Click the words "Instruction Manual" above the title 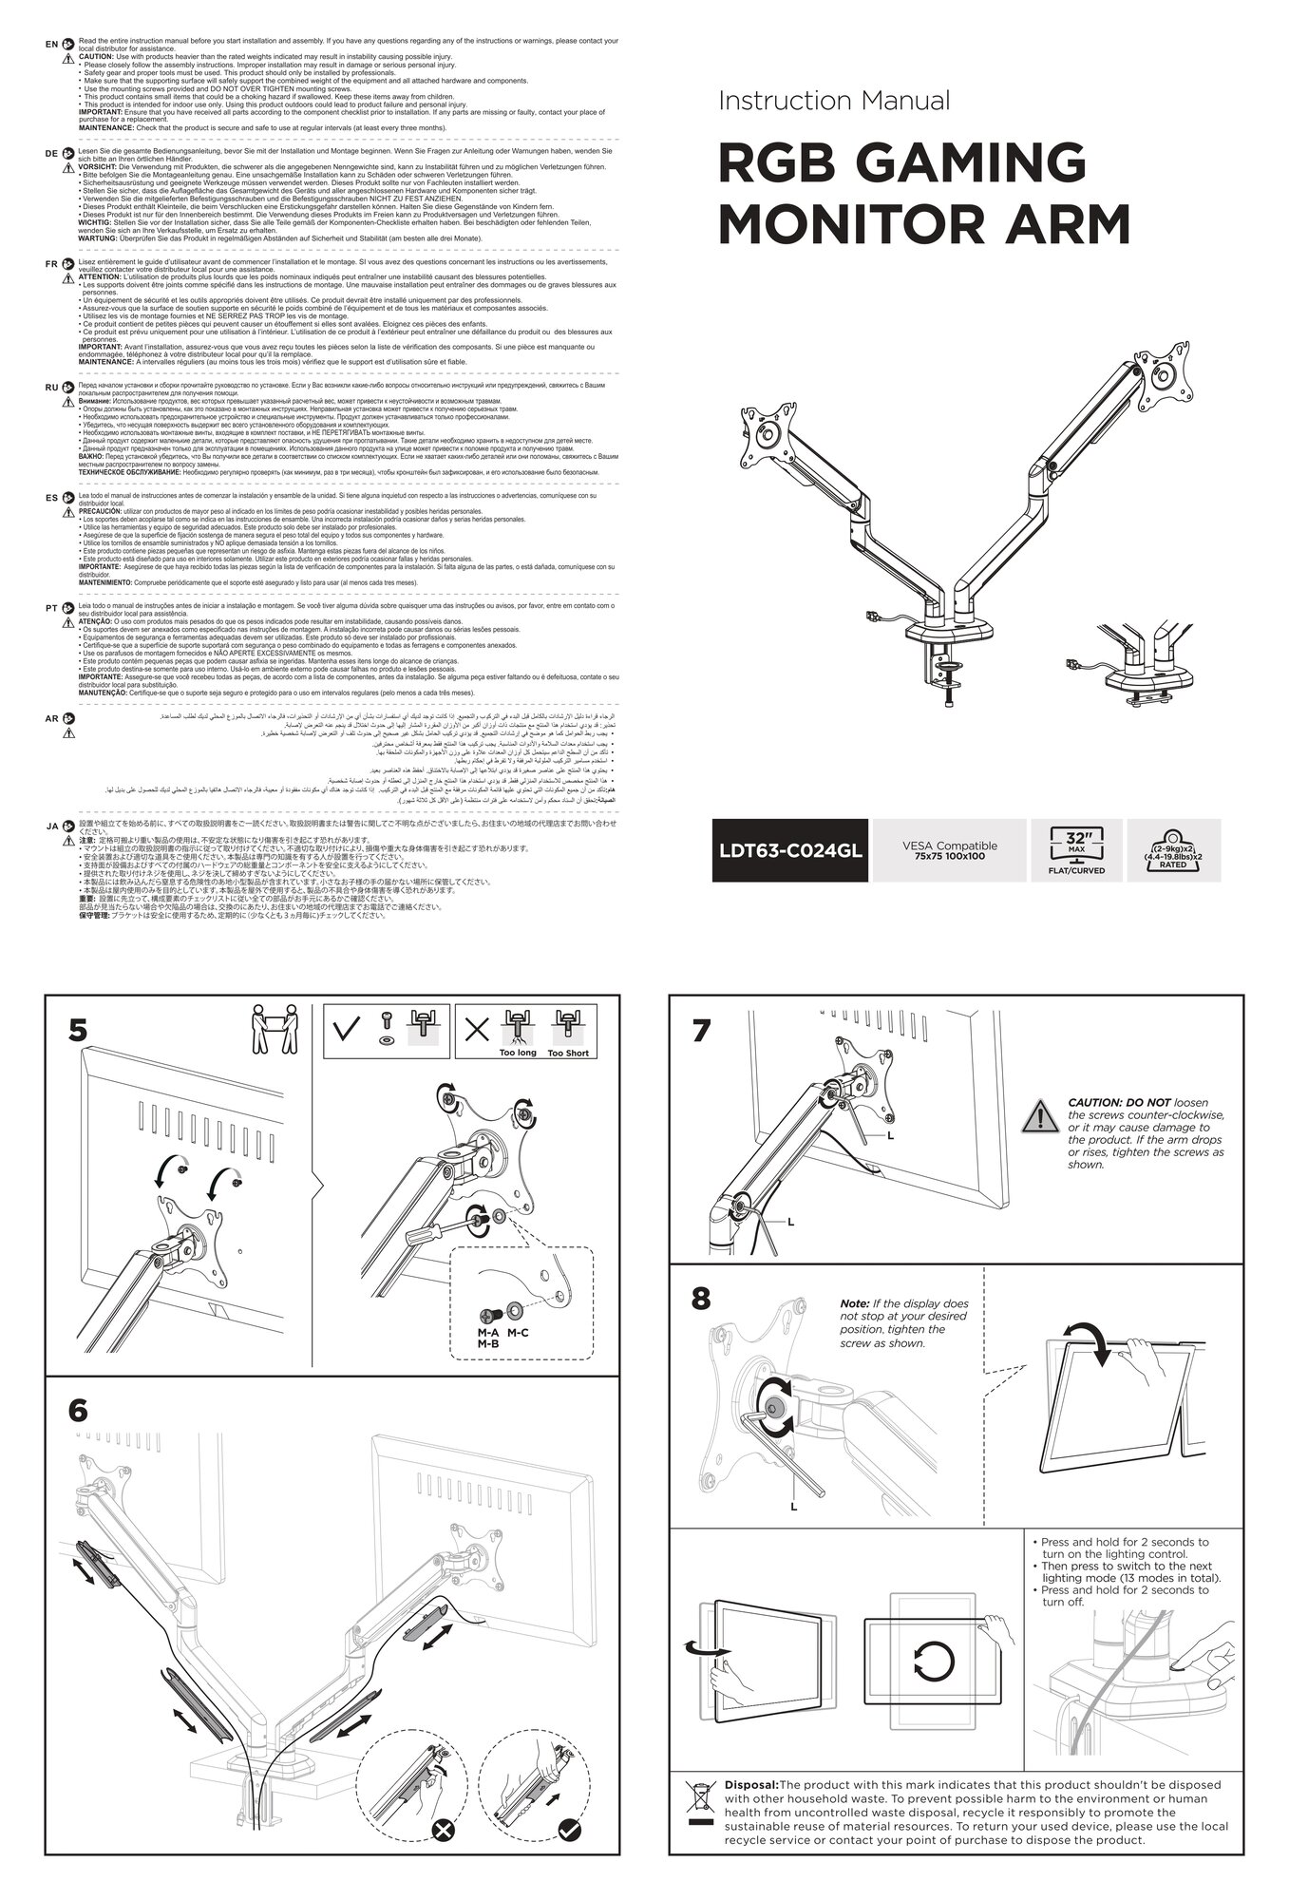point(834,100)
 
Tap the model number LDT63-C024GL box point(790,849)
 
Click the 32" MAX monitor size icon point(1075,850)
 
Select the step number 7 point(701,1032)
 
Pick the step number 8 point(701,1299)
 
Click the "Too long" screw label point(518,1053)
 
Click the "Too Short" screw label point(568,1053)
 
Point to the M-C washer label point(518,1333)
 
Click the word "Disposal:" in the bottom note point(750,1785)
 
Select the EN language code point(52,44)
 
